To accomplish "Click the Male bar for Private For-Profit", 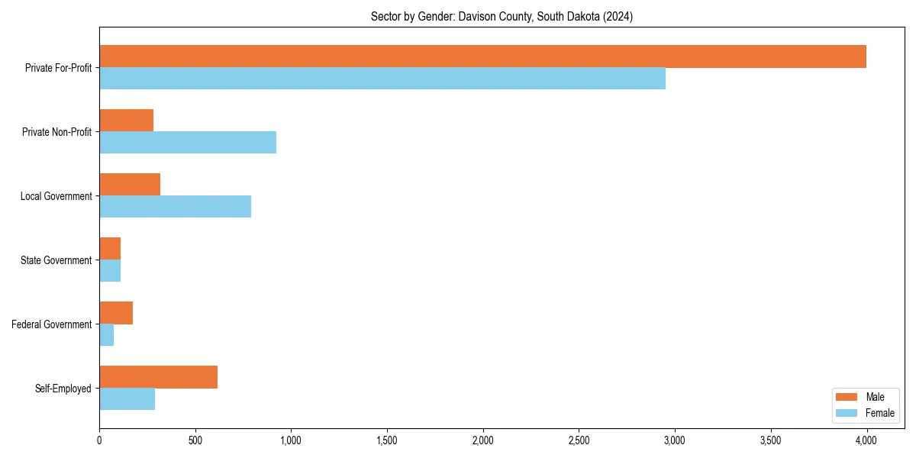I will [482, 56].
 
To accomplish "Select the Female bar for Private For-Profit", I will [382, 79].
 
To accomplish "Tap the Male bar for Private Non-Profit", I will [126, 121].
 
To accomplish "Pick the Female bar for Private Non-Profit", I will [187, 143].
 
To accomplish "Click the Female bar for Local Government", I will [175, 207].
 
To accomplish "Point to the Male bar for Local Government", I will [130, 185].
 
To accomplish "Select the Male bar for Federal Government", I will [116, 313].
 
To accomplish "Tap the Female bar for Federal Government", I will [106, 335].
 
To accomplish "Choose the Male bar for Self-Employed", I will [158, 377].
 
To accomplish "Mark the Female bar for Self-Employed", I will [127, 399].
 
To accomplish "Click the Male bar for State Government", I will [110, 249].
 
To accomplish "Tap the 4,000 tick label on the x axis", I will [866, 440].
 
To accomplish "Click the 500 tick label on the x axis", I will [195, 440].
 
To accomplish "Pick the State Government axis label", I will [56, 260].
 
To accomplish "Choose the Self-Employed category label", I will [63, 389].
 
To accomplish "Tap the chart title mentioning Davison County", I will [502, 16].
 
